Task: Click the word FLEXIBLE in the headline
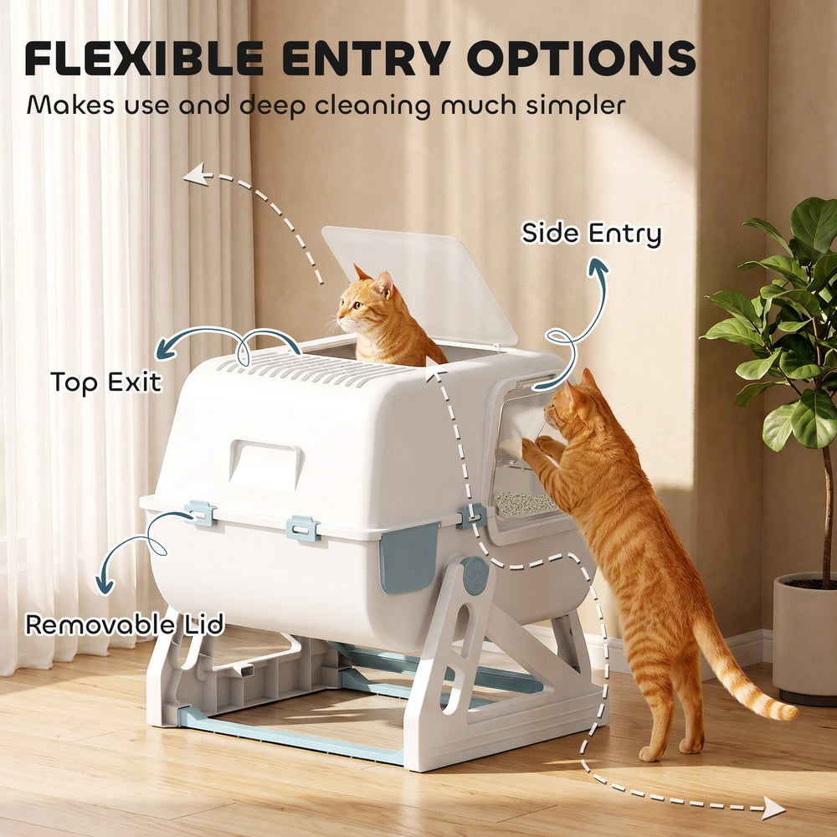(x=144, y=58)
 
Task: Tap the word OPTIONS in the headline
(x=582, y=58)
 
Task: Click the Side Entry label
(x=591, y=234)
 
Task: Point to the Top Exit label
(x=105, y=382)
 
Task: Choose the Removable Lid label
(x=125, y=624)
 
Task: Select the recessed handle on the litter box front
(x=266, y=464)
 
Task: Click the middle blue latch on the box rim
(x=303, y=528)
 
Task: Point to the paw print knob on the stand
(x=475, y=576)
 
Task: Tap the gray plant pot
(x=804, y=638)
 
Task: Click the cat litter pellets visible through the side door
(x=526, y=503)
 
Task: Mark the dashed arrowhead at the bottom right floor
(x=773, y=808)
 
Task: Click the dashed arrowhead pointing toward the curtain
(x=195, y=175)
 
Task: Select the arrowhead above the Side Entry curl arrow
(x=598, y=267)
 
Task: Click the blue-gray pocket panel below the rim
(x=408, y=557)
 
